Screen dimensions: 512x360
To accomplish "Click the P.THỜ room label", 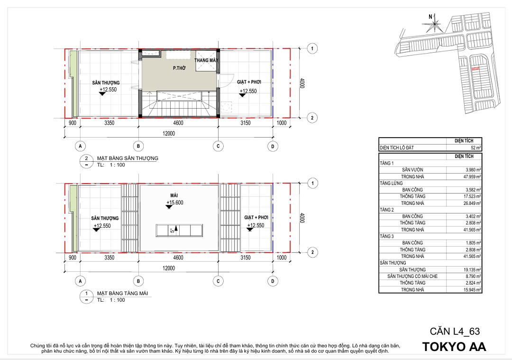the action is [x=179, y=68].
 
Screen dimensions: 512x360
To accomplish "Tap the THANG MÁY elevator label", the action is [x=206, y=60].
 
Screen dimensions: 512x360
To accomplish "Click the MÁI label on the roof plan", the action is [x=174, y=195].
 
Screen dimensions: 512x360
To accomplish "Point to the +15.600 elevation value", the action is [x=175, y=203].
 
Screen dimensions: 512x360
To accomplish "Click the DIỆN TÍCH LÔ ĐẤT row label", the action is [x=397, y=148].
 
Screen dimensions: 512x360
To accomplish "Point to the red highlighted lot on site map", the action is [x=475, y=69].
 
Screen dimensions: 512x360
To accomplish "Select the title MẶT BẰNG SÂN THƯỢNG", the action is [x=128, y=158].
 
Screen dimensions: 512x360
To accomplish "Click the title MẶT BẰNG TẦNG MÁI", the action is [x=122, y=293].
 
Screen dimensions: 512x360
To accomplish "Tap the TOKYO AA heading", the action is [x=454, y=347].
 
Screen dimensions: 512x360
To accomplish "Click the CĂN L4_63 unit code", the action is [x=455, y=331].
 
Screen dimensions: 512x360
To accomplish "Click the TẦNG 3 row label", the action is [x=387, y=236].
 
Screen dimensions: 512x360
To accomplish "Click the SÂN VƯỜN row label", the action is [x=412, y=170].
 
